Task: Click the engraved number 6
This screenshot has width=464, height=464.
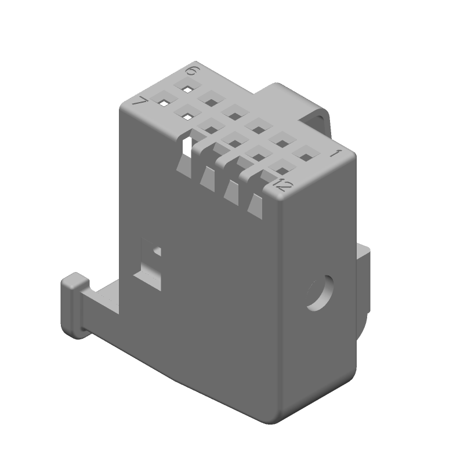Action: click(193, 71)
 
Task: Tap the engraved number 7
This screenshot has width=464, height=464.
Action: click(140, 102)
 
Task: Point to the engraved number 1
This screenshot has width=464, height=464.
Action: click(336, 154)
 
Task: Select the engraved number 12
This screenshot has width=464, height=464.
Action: click(282, 185)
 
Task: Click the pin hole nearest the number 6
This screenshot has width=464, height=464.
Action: click(187, 89)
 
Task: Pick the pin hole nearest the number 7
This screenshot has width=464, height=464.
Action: click(164, 103)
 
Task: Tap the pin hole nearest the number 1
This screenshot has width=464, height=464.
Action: click(307, 157)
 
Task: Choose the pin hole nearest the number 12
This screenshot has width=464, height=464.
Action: click(282, 171)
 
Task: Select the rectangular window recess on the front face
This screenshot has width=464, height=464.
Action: click(149, 264)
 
